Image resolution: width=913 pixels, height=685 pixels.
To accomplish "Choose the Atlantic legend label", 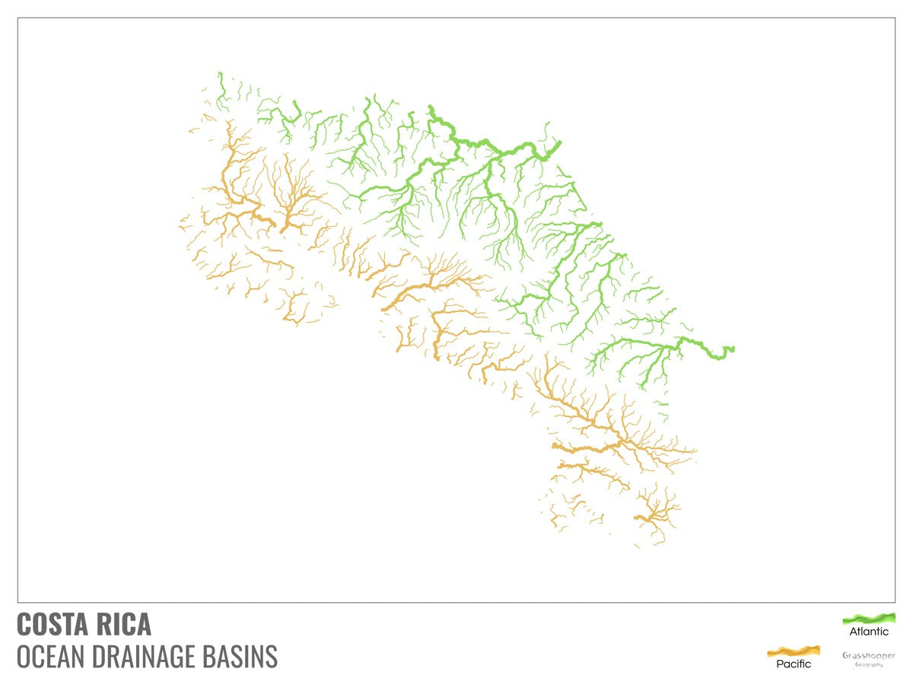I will (x=869, y=632).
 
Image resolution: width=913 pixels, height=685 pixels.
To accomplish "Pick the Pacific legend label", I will (x=793, y=664).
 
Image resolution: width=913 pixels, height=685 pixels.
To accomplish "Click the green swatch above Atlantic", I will (x=869, y=618).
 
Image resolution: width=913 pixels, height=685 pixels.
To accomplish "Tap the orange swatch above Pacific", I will (x=793, y=651).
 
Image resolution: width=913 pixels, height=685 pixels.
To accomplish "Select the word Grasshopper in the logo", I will (x=869, y=655).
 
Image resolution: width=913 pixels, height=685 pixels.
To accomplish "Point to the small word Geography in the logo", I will (x=869, y=664).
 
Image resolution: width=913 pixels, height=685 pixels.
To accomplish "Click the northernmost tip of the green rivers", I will (x=219, y=73).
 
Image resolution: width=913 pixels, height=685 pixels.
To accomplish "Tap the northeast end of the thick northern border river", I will (x=560, y=142).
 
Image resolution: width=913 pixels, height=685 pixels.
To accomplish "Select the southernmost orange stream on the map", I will (x=638, y=546).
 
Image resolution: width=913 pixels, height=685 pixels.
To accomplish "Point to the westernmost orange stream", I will (x=182, y=221).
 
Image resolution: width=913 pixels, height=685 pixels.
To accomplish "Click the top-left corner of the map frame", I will (x=17, y=18).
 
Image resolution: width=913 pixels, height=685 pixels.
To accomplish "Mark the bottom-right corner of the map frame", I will (x=896, y=602).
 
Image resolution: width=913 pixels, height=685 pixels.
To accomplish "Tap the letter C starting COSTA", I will (x=24, y=624).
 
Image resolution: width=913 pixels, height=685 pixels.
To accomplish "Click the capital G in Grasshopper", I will (x=846, y=655).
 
